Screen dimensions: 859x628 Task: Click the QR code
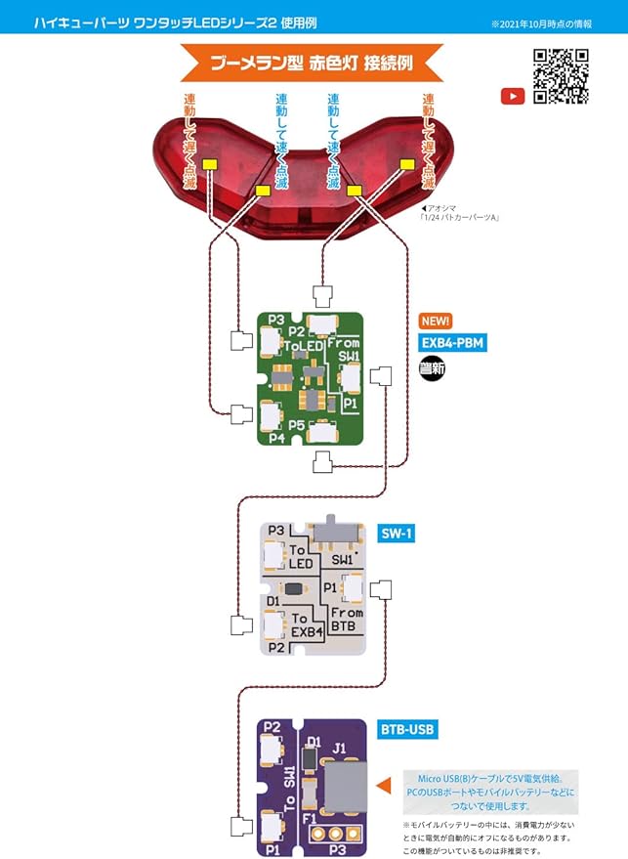click(x=561, y=76)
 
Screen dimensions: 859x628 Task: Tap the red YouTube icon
click(x=513, y=96)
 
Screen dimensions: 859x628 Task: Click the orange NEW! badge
click(x=436, y=321)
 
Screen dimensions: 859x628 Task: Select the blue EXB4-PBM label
click(x=452, y=342)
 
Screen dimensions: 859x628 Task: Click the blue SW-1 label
click(x=398, y=534)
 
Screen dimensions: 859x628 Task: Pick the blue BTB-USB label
click(x=407, y=729)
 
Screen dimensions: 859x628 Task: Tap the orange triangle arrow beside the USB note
click(x=384, y=783)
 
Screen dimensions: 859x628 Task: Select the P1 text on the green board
click(x=349, y=403)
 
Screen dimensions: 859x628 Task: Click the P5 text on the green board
click(x=297, y=425)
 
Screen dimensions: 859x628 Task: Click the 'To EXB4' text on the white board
click(x=306, y=626)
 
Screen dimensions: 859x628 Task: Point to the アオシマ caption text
click(x=458, y=213)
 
